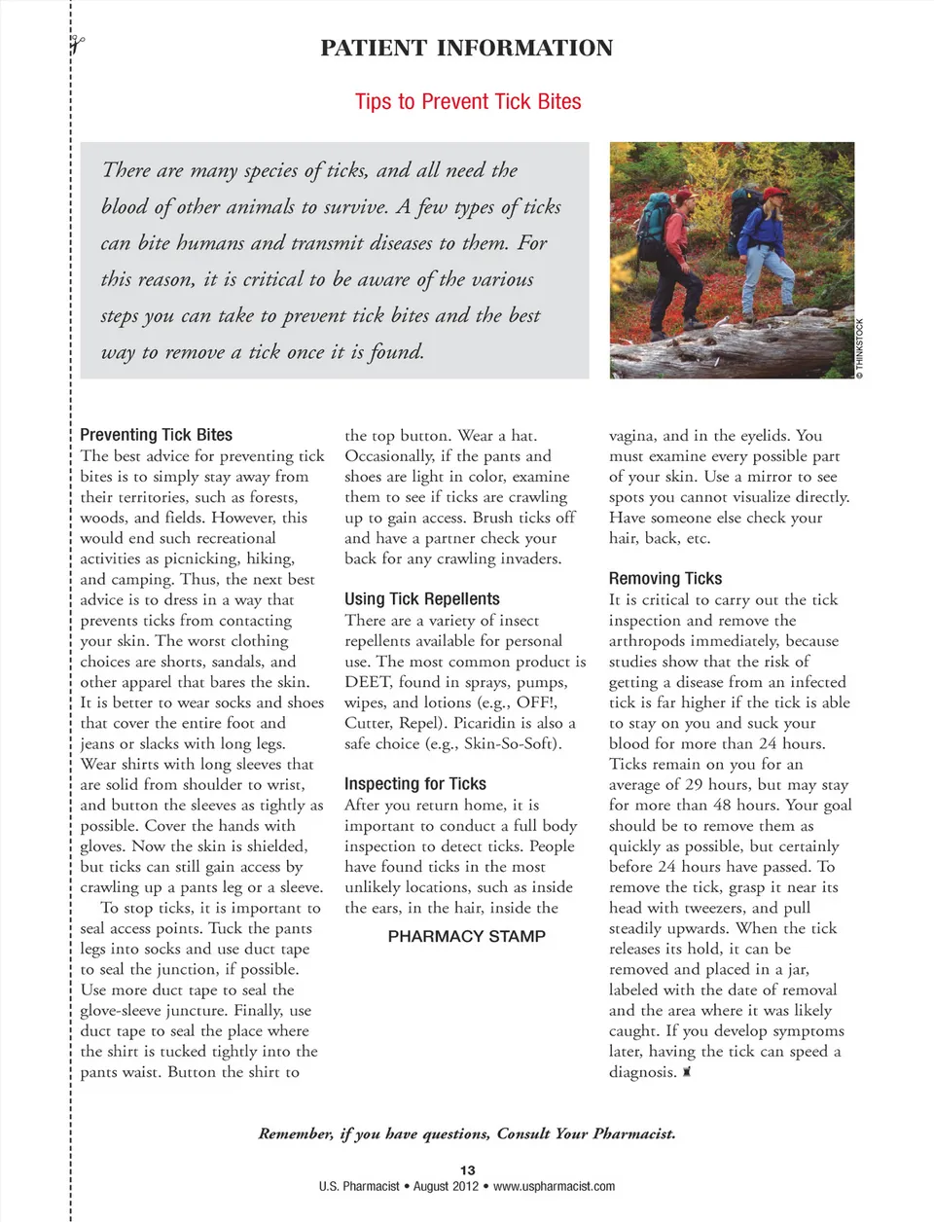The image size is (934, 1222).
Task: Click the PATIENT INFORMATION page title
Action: [467, 49]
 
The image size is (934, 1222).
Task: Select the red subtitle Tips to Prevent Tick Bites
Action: [468, 102]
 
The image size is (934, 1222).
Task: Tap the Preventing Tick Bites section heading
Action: [156, 435]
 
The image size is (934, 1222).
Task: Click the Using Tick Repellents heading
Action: [422, 599]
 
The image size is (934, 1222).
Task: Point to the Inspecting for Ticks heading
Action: [415, 784]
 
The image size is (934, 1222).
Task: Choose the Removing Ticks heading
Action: [665, 579]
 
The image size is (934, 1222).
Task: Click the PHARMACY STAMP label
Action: [467, 937]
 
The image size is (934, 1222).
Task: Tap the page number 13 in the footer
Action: [468, 1170]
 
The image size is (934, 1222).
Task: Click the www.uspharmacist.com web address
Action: [554, 1187]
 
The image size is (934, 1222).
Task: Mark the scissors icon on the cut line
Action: [77, 44]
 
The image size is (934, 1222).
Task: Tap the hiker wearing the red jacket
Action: [681, 243]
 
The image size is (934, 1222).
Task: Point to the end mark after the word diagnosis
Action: [687, 1072]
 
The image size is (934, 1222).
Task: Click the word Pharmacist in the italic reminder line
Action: [633, 1133]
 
